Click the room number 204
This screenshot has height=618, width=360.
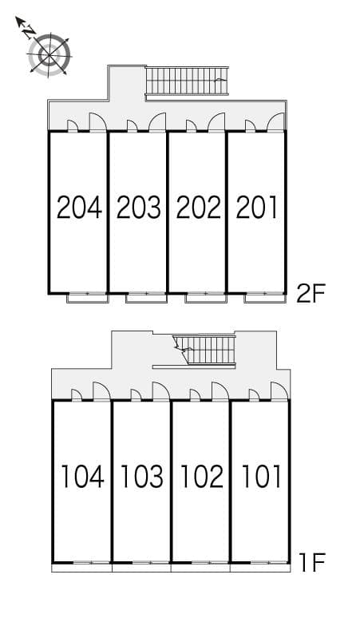coord(79,208)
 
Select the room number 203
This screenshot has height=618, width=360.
coord(138,208)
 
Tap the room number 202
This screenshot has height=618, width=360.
coord(197,208)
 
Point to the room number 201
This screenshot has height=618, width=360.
coord(256,208)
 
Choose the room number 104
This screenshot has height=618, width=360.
coord(82,477)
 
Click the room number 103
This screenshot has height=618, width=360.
coord(142,477)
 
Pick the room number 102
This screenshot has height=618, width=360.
coord(201,477)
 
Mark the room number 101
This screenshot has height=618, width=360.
coord(260,477)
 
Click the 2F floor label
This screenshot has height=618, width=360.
coord(311,295)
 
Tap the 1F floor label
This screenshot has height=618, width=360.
coord(313,564)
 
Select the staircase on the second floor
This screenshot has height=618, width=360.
coord(186,81)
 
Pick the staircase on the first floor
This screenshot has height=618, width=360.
coord(206,349)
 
